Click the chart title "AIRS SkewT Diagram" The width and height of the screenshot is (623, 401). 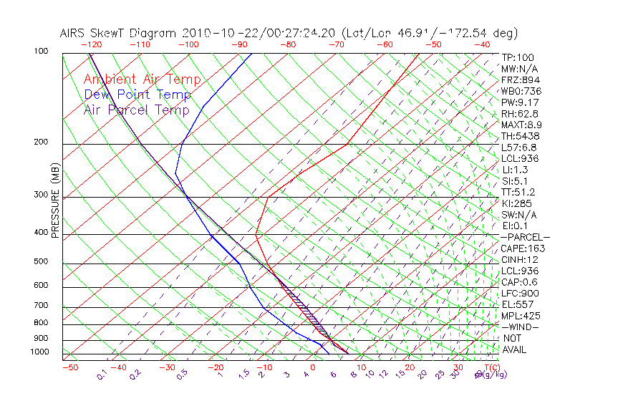point(119,33)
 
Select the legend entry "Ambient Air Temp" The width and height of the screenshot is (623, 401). point(143,79)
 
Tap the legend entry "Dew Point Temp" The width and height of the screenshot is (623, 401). point(137,95)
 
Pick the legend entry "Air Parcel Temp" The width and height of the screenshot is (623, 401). point(137,110)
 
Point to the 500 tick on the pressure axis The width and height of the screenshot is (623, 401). point(42,262)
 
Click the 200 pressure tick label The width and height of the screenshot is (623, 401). point(42,142)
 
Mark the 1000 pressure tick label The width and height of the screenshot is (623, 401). point(40,352)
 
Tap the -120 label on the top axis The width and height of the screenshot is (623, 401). point(91,44)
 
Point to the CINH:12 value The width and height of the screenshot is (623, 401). point(520,260)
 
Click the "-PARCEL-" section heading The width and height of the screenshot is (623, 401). point(525,237)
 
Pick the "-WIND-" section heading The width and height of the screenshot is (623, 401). point(519,327)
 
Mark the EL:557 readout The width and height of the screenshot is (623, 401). point(517,304)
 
